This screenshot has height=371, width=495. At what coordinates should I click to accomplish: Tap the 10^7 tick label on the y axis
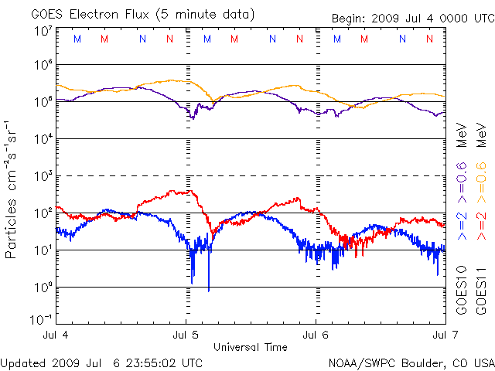[43, 32]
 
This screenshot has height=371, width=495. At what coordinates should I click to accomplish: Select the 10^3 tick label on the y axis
[43, 175]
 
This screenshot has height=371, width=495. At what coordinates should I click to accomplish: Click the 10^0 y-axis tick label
[43, 286]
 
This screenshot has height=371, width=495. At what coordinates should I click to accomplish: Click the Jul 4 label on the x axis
[56, 335]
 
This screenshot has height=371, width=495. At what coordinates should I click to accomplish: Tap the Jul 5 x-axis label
[186, 335]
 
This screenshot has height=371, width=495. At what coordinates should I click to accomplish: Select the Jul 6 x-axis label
[316, 335]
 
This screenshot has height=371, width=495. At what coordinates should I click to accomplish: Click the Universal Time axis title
[251, 347]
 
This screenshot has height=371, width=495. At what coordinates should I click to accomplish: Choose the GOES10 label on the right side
[462, 290]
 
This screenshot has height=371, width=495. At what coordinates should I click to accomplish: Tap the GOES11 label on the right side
[481, 290]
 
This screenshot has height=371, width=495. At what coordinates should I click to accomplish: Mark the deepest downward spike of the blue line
[209, 290]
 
